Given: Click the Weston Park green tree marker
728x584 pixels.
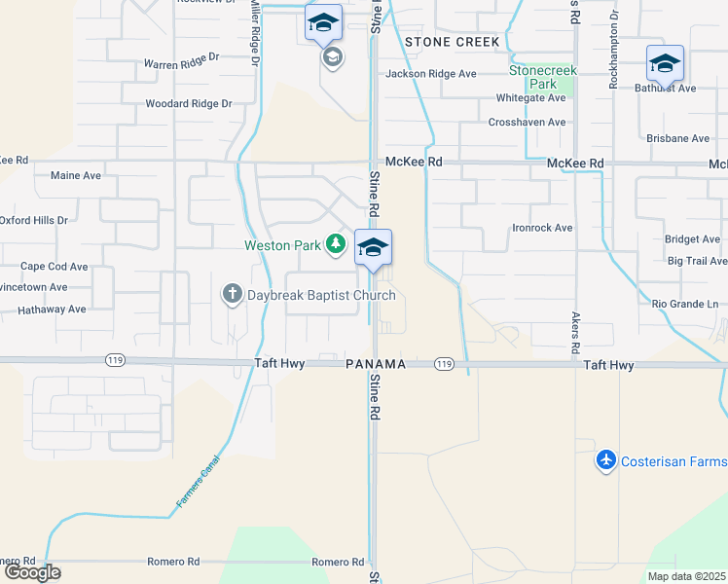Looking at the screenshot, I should coord(336,243).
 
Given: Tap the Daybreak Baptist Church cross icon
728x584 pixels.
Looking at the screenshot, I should coord(232,294).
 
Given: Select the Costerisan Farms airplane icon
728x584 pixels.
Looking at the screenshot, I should coord(605,458).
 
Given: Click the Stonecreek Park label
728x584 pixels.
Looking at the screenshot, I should coord(543,77).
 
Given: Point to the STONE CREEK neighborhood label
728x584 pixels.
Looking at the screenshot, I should coord(453,42).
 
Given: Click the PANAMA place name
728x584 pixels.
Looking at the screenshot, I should coord(376,364).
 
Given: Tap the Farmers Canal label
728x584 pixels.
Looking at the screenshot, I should coord(199,478).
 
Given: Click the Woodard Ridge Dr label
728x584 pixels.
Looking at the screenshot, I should coord(188,103).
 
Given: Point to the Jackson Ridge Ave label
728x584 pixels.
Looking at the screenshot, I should coord(431,73).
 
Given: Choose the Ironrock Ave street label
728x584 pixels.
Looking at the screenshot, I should coord(542,228).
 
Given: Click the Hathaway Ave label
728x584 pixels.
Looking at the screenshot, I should coord(53,310).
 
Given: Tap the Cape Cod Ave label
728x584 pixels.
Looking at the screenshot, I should coord(55,266).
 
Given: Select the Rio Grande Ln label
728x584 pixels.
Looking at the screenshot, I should coord(684,304).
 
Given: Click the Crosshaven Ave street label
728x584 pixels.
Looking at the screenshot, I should coord(527,123).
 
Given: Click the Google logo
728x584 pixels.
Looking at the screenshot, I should coord(31,572).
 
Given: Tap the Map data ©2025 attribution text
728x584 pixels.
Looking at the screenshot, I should coord(686,576).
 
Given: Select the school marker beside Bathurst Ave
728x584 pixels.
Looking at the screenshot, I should coord(665,64).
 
